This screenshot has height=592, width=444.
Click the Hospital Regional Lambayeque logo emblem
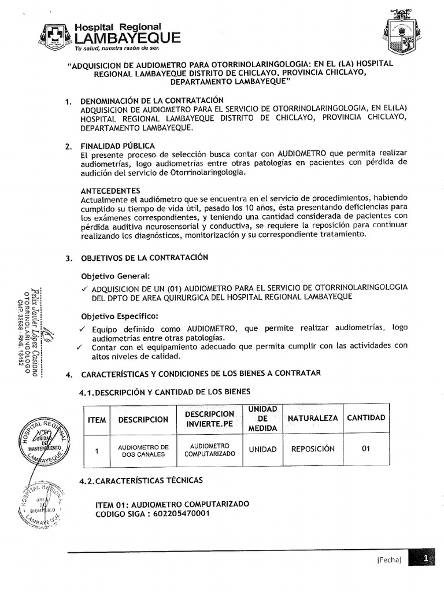(56, 36)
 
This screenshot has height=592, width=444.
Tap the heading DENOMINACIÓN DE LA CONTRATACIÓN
(151, 100)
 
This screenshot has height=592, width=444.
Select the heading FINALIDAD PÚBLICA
(118, 146)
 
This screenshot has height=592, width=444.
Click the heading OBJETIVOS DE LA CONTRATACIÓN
(144, 257)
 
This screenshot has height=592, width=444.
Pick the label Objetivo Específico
(119, 316)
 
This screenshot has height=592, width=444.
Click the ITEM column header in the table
(97, 420)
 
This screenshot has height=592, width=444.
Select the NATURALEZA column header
(312, 418)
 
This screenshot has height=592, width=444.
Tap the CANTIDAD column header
(366, 418)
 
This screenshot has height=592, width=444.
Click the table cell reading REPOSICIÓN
(313, 449)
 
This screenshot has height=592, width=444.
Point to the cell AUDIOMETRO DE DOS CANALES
(143, 451)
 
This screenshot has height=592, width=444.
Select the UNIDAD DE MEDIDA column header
(262, 419)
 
